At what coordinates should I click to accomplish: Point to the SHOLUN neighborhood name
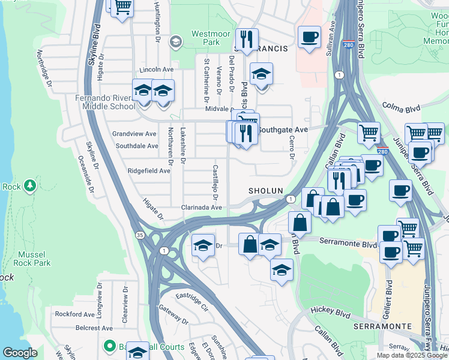click(x=266, y=191)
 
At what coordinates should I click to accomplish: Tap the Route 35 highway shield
click(x=140, y=234)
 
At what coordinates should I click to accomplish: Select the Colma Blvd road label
click(x=400, y=109)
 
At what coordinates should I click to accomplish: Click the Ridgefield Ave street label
click(x=149, y=171)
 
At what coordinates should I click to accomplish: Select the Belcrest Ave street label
click(x=94, y=328)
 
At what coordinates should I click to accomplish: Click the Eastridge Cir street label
click(x=191, y=300)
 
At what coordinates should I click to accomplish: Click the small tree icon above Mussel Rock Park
click(x=30, y=186)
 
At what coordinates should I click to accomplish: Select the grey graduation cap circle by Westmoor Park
click(x=175, y=41)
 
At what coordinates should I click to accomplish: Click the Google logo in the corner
click(x=20, y=353)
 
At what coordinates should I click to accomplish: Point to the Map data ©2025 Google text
click(x=412, y=355)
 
